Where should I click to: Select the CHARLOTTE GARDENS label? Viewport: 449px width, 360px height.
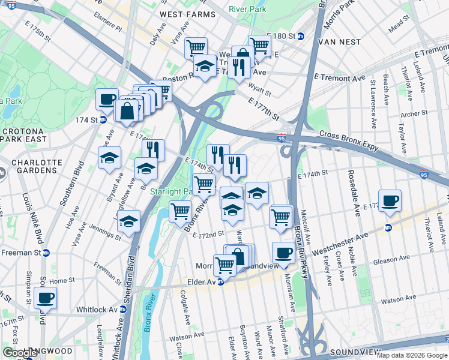click(x=31, y=168)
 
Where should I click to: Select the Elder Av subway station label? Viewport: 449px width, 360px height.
click(x=206, y=281)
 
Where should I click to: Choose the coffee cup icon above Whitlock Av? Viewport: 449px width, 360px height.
click(x=45, y=297)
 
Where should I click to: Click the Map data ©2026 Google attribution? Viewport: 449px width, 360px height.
click(x=411, y=355)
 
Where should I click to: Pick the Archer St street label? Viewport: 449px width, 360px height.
click(x=414, y=113)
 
